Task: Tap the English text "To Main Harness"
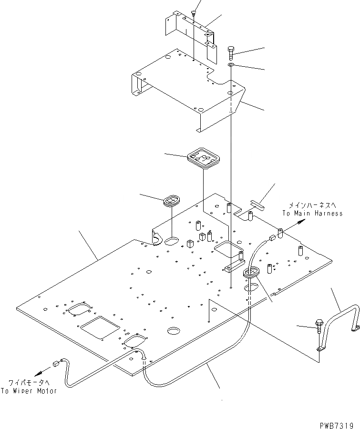pos(312,214)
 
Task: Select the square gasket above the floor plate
pos(203,158)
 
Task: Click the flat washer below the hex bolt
pos(231,65)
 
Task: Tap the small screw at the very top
pos(194,12)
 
